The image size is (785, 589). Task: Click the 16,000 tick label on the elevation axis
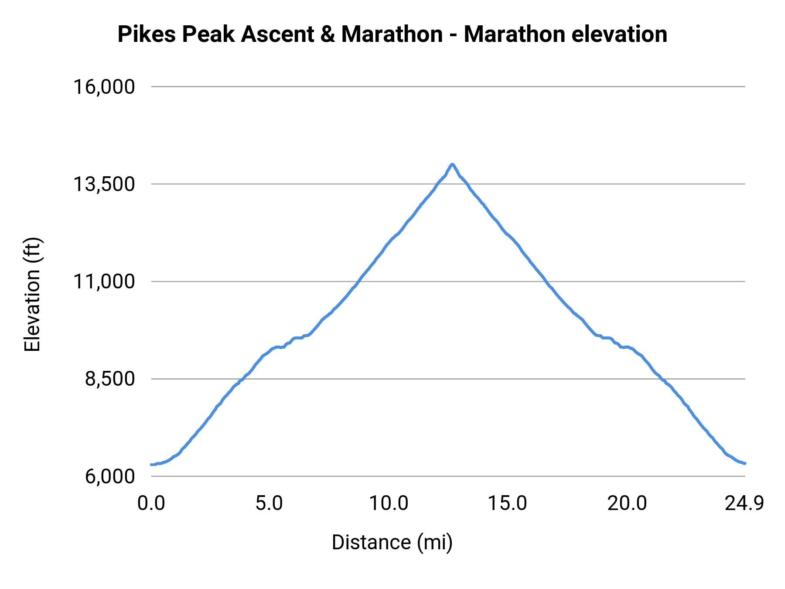(x=104, y=87)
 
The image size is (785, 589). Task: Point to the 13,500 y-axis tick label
(x=104, y=184)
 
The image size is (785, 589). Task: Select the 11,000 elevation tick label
(x=104, y=281)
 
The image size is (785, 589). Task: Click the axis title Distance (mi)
(x=392, y=542)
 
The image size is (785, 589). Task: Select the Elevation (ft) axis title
(x=32, y=294)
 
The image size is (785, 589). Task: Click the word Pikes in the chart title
(x=147, y=34)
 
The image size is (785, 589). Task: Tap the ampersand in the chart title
(x=327, y=34)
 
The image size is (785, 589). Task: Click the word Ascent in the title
(x=277, y=34)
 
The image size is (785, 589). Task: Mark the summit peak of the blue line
(x=453, y=164)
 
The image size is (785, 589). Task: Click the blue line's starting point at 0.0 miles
(x=151, y=465)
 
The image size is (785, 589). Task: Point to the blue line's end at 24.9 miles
(x=745, y=463)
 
